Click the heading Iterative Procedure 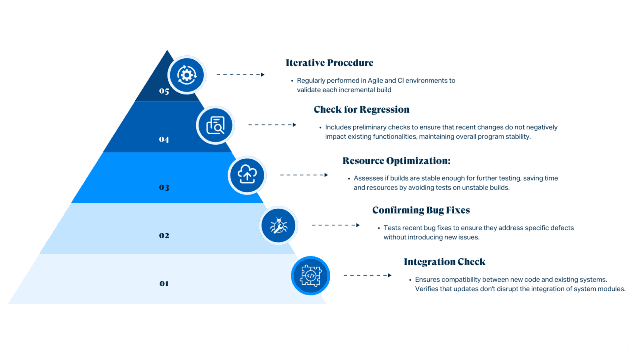tap(329, 63)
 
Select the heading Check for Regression tap(361, 109)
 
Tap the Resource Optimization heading tap(396, 161)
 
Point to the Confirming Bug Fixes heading tap(421, 210)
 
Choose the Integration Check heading tap(444, 262)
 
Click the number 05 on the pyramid tap(164, 91)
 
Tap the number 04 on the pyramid tap(164, 139)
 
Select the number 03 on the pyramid tap(164, 187)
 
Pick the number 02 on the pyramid tap(164, 235)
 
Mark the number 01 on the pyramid tap(164, 283)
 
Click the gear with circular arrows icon tap(187, 75)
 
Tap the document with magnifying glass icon tap(215, 125)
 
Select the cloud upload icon tap(247, 175)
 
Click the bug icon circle tap(278, 225)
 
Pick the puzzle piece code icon tap(310, 275)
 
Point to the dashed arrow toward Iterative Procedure tap(240, 74)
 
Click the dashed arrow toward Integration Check tap(367, 275)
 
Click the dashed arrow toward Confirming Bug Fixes tap(335, 225)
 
